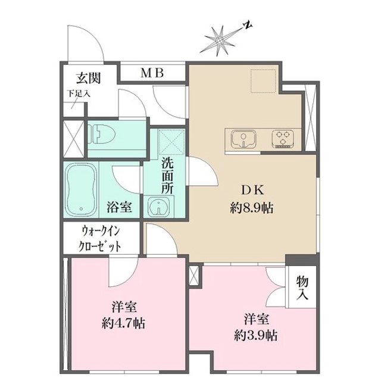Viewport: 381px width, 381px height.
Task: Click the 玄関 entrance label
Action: tap(88, 78)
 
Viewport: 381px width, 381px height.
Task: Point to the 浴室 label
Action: tap(119, 207)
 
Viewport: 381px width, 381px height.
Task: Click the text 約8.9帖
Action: tap(253, 208)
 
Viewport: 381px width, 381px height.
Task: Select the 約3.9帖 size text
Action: tap(254, 335)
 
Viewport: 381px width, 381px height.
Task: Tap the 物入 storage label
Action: tap(302, 289)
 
